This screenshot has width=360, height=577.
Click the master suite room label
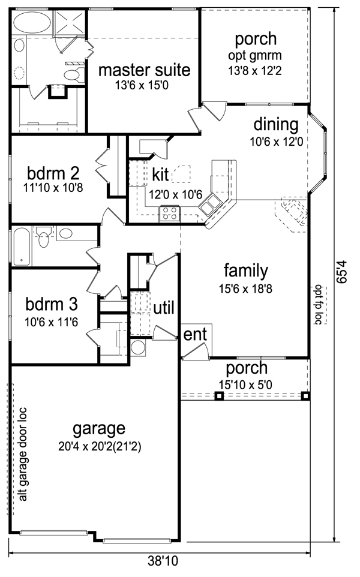coord(144,70)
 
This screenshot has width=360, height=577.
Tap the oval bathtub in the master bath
coord(32,22)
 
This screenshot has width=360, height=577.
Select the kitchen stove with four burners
coord(170,214)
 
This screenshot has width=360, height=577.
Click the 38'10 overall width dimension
coord(163,561)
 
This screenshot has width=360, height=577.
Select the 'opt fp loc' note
coord(319,305)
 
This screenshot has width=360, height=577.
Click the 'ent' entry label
coord(195,334)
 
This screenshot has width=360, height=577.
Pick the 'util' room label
coord(164,308)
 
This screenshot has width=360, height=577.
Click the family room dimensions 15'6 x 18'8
coord(245,289)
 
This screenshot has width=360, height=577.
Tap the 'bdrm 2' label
coord(53,173)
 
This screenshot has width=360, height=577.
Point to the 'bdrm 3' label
coord(52,304)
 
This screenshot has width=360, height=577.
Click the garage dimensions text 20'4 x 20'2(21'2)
coord(100,446)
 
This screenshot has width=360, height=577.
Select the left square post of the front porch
coord(219,396)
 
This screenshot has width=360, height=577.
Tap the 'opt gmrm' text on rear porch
coord(255,56)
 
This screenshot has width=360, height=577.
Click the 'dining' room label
coord(276,125)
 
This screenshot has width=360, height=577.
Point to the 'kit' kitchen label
coord(160,175)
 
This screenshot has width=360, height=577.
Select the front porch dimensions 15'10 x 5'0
coord(245,385)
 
